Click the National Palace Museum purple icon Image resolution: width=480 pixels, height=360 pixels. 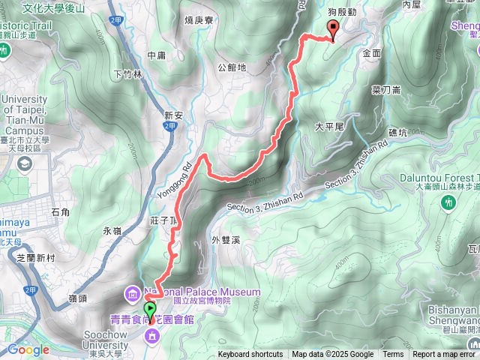coord(132,292)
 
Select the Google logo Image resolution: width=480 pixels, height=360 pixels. coord(28,349)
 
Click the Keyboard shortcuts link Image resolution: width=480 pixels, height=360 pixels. coord(250,355)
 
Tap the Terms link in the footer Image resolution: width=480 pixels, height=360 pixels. coord(393,355)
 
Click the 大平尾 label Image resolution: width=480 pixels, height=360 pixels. coord(328,127)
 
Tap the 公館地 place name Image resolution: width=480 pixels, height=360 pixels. coord(232,67)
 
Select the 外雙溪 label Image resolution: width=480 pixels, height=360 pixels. coord(225,240)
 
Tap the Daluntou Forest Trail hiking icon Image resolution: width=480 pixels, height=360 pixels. coord(449,202)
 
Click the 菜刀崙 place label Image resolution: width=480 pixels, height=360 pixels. coord(386,89)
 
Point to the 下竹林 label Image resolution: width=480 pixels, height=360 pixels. coord(127,73)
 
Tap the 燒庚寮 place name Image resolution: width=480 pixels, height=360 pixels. coord(200,20)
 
